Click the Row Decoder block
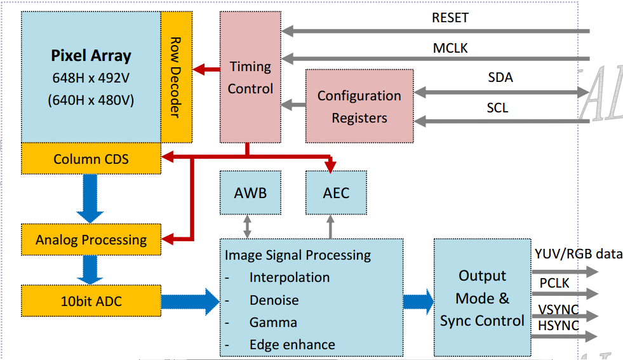176,77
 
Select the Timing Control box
250,77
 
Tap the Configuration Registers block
359,106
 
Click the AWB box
250,192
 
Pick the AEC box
336,192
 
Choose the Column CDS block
91,158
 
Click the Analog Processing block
91,240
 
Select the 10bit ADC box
91,301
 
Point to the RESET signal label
450,18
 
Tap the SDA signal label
500,78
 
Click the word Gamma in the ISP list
273,323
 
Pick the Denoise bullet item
274,300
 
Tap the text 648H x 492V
91,78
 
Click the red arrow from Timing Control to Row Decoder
206,69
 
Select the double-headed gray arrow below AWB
248,226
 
